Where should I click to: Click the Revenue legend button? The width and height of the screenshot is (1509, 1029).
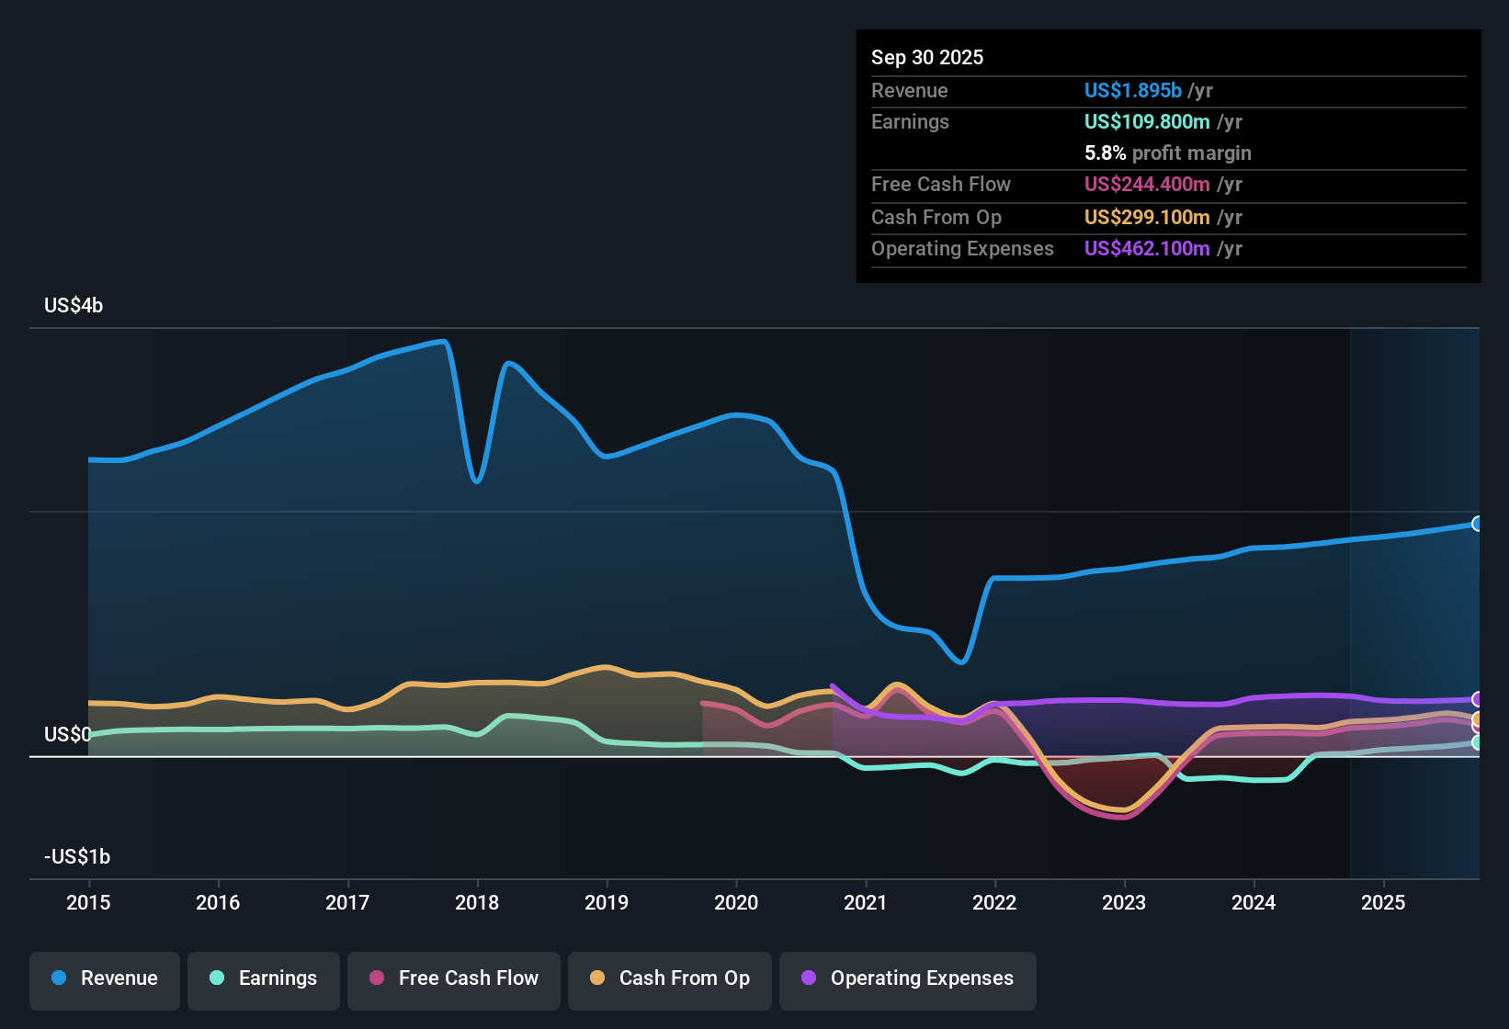[x=105, y=978]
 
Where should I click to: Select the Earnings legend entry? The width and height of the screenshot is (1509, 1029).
[x=264, y=978]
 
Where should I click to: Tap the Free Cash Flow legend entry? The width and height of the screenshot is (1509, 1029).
[x=454, y=978]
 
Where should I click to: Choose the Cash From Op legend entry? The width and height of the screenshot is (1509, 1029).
[x=670, y=978]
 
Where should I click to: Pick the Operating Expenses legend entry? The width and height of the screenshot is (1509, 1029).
[x=908, y=978]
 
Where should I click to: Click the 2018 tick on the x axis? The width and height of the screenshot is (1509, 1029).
[x=477, y=902]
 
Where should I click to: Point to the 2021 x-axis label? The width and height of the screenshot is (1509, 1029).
[x=865, y=902]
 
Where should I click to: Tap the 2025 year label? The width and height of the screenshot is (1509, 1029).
[x=1382, y=902]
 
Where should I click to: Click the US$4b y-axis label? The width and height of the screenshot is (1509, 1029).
[x=74, y=306]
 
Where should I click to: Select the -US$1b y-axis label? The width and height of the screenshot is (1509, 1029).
[x=77, y=857]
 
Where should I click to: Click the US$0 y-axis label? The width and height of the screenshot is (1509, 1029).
[x=67, y=735]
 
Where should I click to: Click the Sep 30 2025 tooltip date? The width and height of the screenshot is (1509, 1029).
[x=926, y=57]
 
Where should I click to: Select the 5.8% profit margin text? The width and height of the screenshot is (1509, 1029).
[x=1167, y=153]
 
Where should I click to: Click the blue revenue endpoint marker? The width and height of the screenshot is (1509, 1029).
[x=1477, y=524]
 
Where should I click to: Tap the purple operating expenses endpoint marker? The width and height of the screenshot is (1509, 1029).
[x=1477, y=699]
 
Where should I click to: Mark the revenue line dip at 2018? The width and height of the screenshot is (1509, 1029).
[x=476, y=481]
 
